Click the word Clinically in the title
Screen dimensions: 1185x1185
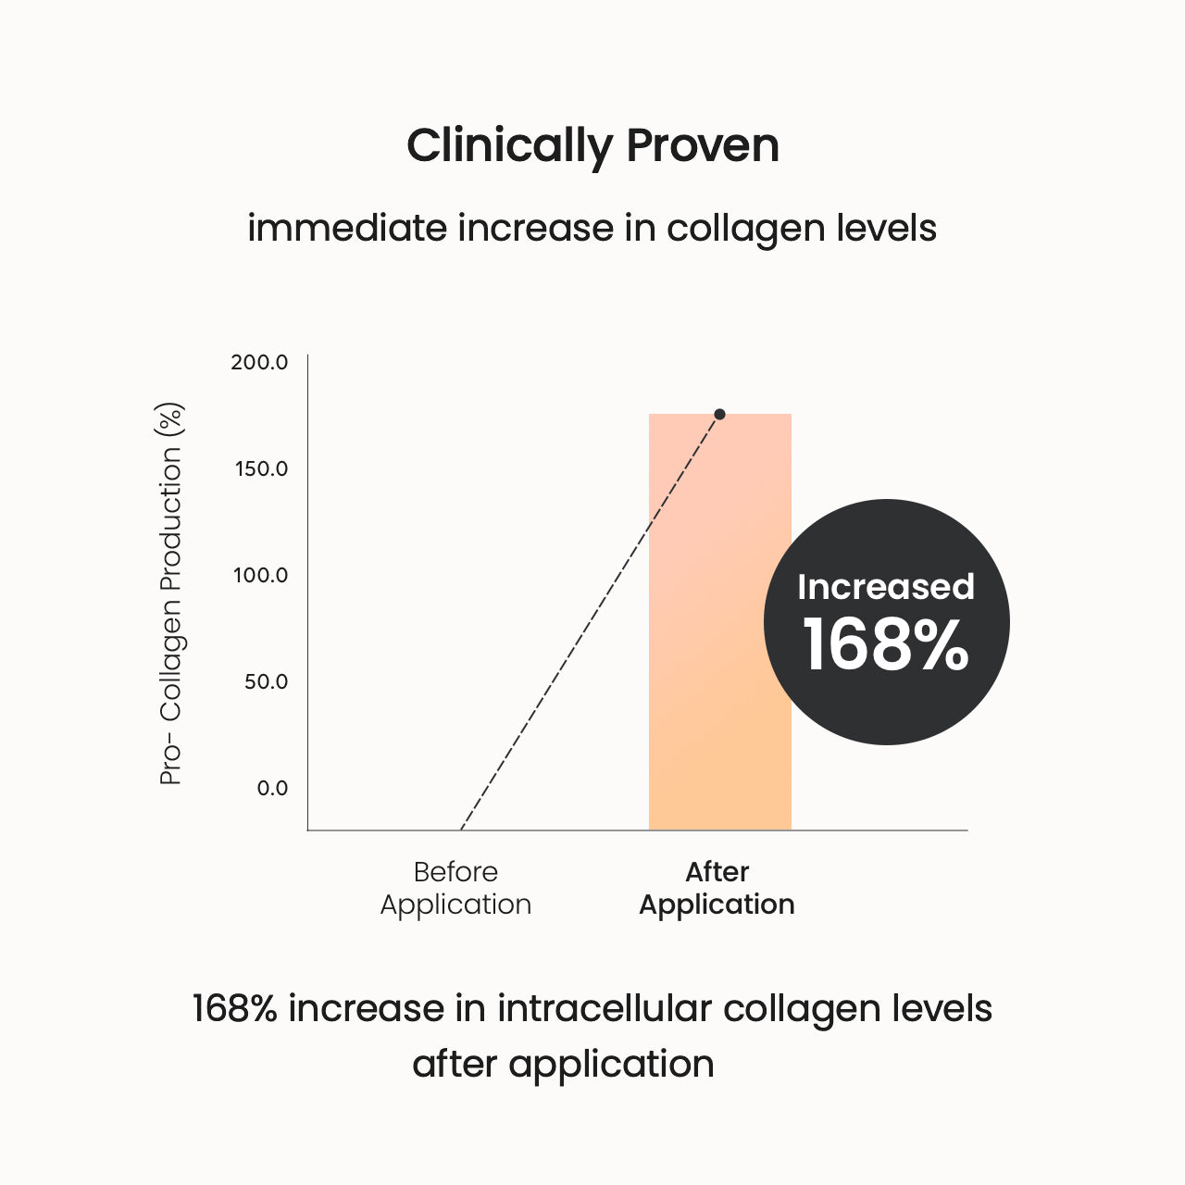(x=509, y=146)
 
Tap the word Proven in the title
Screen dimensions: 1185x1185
(x=703, y=146)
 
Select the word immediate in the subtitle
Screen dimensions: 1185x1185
(x=346, y=228)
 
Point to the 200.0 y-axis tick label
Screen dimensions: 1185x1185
(x=259, y=362)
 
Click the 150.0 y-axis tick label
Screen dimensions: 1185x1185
(x=261, y=468)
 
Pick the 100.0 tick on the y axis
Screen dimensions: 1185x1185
(x=260, y=575)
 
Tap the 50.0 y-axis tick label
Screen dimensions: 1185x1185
(x=265, y=681)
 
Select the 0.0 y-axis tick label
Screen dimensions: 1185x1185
(x=272, y=788)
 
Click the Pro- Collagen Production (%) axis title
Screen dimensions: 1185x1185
(x=171, y=593)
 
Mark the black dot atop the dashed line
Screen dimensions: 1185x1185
(x=719, y=414)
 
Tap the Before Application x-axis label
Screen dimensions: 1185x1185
(x=455, y=888)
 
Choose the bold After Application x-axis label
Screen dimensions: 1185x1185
(x=717, y=888)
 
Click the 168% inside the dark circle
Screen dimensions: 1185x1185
(x=885, y=645)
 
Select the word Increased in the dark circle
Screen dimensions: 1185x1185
(x=886, y=587)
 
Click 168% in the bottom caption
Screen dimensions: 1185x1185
(x=234, y=1008)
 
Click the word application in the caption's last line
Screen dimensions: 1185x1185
(x=611, y=1065)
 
